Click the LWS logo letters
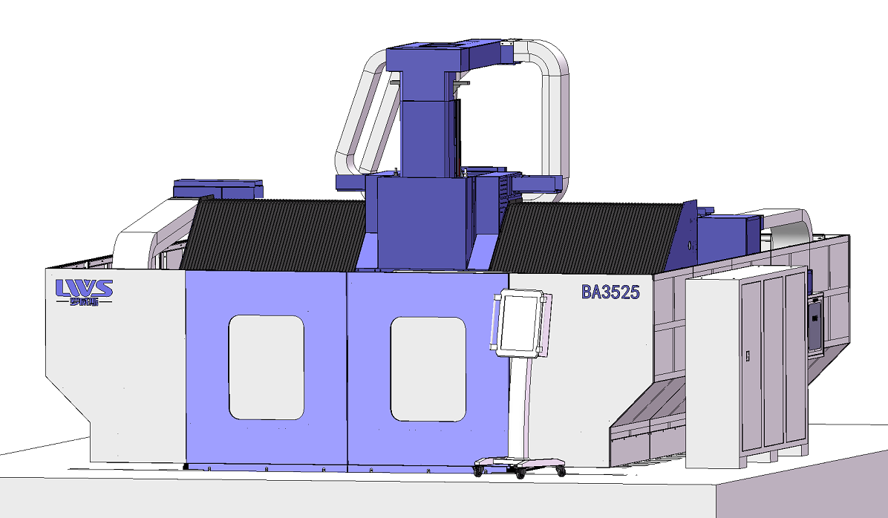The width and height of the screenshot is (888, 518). (84, 287)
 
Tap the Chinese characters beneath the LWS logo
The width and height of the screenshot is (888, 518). (84, 301)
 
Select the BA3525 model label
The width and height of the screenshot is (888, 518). (610, 292)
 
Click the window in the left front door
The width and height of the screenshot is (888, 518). (266, 367)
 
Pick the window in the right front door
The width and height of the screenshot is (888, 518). (428, 369)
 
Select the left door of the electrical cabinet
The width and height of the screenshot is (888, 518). (753, 364)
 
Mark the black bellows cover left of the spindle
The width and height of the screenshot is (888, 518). (275, 234)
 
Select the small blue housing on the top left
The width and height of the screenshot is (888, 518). (218, 188)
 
